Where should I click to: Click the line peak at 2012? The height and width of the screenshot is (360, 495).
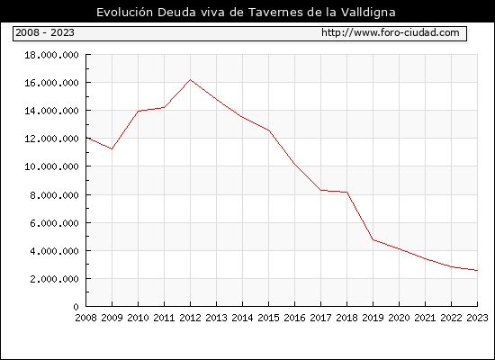pos(190,79)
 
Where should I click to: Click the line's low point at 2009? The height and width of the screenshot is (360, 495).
pos(112,148)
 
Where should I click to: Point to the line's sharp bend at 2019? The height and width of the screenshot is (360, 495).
pos(373,239)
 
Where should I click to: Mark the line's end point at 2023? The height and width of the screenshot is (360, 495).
pos(477,270)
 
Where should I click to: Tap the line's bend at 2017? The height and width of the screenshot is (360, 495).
pos(320,190)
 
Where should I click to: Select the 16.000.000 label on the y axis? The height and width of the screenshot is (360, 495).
pos(51,83)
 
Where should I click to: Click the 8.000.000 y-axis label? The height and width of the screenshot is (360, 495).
pos(54,195)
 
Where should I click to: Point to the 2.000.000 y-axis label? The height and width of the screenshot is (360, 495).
pos(54,279)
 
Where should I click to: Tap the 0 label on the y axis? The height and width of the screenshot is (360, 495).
pos(76,307)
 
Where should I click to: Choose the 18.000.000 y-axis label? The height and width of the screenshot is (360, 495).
pos(51,55)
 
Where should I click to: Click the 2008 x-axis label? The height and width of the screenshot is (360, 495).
pos(85,318)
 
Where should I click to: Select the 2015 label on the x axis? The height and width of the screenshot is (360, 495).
pos(269,318)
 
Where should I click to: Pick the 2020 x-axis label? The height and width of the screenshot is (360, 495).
pos(399,318)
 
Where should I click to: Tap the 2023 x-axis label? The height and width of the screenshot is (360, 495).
pos(477,318)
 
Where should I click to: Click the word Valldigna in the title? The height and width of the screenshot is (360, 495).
pos(368,13)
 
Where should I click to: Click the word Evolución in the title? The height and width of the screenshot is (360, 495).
pos(125,12)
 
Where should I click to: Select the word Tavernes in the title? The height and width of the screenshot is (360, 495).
pos(276,12)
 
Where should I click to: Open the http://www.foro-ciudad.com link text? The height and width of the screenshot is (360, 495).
pos(391,32)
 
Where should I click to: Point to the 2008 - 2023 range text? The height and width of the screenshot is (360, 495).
pos(45,32)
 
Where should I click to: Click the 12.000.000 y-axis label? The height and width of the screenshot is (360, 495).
pos(51,139)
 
